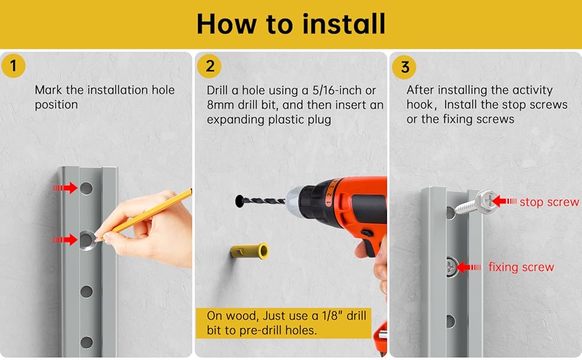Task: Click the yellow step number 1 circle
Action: [x=13, y=65]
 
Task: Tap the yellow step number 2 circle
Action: [x=209, y=66]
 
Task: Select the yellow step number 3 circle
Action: [x=404, y=67]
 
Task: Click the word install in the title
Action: [x=344, y=24]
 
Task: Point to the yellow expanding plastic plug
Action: [x=249, y=251]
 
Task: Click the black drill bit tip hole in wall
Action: [x=239, y=201]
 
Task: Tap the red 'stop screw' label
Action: [x=549, y=202]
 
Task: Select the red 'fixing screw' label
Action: [x=521, y=267]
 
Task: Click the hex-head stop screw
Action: [x=476, y=202]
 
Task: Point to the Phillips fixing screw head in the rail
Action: [x=452, y=266]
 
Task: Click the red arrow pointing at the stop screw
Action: [x=505, y=201]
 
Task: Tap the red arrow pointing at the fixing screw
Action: [x=469, y=267]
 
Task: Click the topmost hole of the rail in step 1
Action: [x=86, y=188]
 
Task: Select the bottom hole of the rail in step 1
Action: [x=86, y=342]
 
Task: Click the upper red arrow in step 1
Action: [x=65, y=188]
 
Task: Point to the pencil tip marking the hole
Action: [x=97, y=240]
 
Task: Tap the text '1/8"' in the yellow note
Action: [x=332, y=316]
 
